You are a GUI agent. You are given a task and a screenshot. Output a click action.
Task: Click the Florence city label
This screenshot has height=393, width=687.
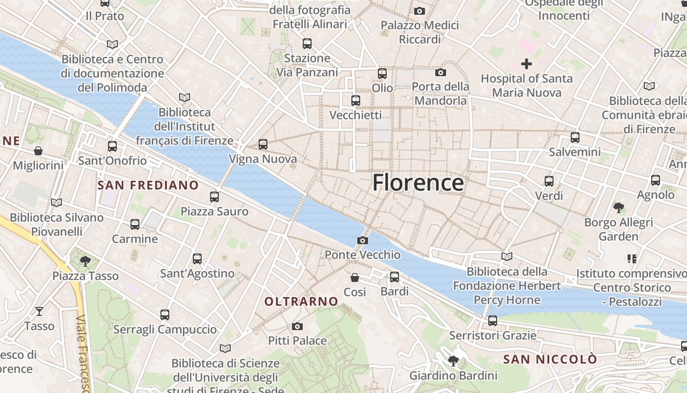418,183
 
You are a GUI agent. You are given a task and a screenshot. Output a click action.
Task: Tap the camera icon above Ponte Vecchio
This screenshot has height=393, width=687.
363,240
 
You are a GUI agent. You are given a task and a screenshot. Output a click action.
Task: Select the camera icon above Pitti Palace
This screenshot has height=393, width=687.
297,326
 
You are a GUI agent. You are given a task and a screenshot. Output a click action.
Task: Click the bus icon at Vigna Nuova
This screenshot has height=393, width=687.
263,144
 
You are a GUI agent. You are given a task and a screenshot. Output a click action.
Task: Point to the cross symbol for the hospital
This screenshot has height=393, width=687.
527,63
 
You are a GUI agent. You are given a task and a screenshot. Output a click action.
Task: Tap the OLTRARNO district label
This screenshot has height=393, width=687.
301,301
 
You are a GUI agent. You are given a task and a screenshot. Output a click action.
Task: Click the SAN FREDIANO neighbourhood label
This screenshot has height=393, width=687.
148,185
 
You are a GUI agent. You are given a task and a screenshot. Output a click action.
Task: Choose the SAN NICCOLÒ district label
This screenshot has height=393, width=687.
550,359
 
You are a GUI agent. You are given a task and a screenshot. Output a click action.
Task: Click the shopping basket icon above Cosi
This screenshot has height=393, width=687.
355,278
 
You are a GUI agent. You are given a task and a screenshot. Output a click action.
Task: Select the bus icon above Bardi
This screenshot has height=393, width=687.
395,277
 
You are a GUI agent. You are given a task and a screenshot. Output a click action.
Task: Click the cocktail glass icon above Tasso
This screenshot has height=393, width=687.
39,311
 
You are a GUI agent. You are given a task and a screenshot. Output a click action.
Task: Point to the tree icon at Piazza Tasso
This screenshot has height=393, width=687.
85,261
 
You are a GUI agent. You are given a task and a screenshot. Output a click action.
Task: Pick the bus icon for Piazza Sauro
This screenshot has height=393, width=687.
214,197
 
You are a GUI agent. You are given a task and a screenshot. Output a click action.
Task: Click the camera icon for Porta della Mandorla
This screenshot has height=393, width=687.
441,73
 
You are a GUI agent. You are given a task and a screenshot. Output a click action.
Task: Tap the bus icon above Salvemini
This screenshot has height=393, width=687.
575,138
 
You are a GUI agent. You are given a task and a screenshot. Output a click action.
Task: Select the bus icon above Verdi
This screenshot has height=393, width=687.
549,181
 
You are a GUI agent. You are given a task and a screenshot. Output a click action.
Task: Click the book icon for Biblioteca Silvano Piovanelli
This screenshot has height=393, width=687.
56,202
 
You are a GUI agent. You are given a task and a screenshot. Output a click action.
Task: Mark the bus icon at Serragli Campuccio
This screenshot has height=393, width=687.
165,314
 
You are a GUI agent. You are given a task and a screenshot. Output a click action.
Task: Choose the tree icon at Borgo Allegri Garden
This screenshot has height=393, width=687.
618,208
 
